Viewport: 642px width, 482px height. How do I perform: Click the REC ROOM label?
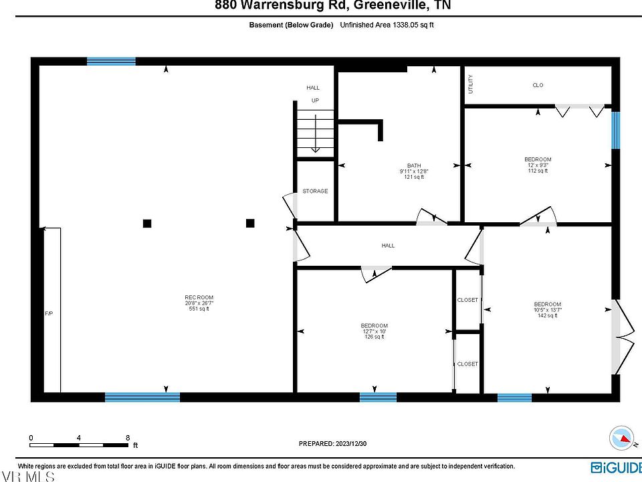point(199,297)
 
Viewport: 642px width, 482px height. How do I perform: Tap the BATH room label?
point(415,166)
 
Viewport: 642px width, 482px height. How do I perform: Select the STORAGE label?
point(315,191)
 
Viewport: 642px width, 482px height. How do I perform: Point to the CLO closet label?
point(538,85)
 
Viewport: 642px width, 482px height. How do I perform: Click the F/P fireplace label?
point(48,313)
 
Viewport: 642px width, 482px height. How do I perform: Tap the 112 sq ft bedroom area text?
point(538,171)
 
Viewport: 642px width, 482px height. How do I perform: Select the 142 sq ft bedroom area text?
point(548,316)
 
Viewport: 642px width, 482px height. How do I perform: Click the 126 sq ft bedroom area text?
point(374,337)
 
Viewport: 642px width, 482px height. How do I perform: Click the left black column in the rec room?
point(147,224)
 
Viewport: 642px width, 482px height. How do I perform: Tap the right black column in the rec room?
point(250,223)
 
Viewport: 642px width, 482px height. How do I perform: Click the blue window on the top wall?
point(111,62)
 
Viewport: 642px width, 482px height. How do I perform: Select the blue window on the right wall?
point(616,129)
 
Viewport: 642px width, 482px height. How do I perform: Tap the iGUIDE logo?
point(614,467)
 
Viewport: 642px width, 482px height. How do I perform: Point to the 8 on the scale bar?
point(128,438)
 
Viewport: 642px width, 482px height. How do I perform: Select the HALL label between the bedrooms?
point(388,246)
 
